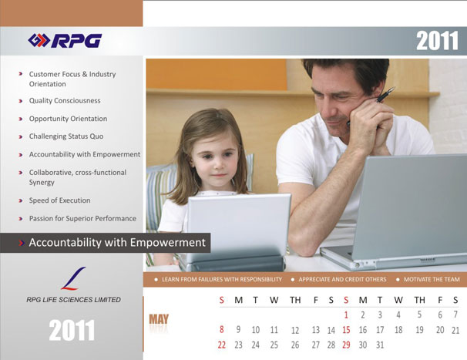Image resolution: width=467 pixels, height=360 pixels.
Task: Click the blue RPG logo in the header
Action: pyautogui.click(x=65, y=41)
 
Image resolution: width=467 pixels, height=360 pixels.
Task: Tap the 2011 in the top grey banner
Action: pyautogui.click(x=437, y=41)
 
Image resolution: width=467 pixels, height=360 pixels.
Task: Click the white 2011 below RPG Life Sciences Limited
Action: pyautogui.click(x=72, y=330)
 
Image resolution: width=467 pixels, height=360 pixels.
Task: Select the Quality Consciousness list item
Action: pyautogui.click(x=65, y=101)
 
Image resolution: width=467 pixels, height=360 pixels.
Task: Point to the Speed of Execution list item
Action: pyautogui.click(x=59, y=200)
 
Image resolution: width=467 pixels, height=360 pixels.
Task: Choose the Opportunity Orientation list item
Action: pyautogui.click(x=68, y=119)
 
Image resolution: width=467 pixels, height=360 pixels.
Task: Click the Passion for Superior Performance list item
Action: pyautogui.click(x=82, y=218)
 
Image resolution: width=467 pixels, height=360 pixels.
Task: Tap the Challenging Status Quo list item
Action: pyautogui.click(x=66, y=136)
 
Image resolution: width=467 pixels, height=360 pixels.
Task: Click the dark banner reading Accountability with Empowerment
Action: pyautogui.click(x=105, y=243)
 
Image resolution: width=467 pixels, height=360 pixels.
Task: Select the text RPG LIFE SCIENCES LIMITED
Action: pyautogui.click(x=73, y=300)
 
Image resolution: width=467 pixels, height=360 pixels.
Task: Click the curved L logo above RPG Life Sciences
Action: pyautogui.click(x=73, y=278)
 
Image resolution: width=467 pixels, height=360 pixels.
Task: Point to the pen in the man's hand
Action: pyautogui.click(x=371, y=106)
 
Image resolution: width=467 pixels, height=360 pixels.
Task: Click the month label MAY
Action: pyautogui.click(x=159, y=319)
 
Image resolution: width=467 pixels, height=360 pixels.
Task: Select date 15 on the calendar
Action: pyautogui.click(x=346, y=330)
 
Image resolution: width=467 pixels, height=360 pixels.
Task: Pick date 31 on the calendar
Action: pyautogui.click(x=380, y=345)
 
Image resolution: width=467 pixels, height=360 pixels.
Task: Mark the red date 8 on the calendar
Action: pyautogui.click(x=222, y=330)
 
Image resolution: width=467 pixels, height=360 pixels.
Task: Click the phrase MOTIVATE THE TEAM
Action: pyautogui.click(x=432, y=280)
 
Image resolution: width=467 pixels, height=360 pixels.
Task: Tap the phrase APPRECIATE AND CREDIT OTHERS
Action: pyautogui.click(x=342, y=280)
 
